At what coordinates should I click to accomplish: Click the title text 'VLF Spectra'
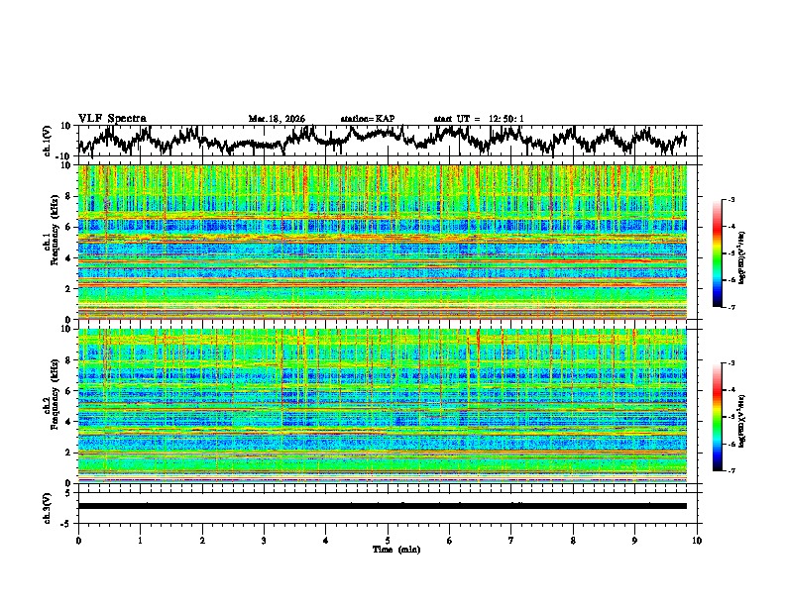pos(112,118)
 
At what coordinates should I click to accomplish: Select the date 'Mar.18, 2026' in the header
pos(277,119)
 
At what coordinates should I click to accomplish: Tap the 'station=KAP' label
pos(367,119)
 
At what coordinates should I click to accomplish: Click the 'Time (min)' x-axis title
pos(388,549)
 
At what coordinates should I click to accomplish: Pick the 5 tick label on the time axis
pos(388,540)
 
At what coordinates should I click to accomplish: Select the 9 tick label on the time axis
pos(635,540)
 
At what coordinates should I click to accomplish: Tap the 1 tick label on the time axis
pos(140,540)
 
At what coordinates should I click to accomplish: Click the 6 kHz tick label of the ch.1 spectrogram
pos(68,227)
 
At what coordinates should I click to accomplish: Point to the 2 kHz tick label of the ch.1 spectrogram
pos(68,288)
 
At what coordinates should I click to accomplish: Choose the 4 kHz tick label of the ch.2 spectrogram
pos(68,421)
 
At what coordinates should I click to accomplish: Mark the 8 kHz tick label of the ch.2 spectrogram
pos(68,359)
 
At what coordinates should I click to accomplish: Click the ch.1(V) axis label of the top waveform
pos(47,141)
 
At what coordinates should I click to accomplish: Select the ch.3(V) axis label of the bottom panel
pos(47,505)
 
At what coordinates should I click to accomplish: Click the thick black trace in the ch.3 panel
pos(382,506)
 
